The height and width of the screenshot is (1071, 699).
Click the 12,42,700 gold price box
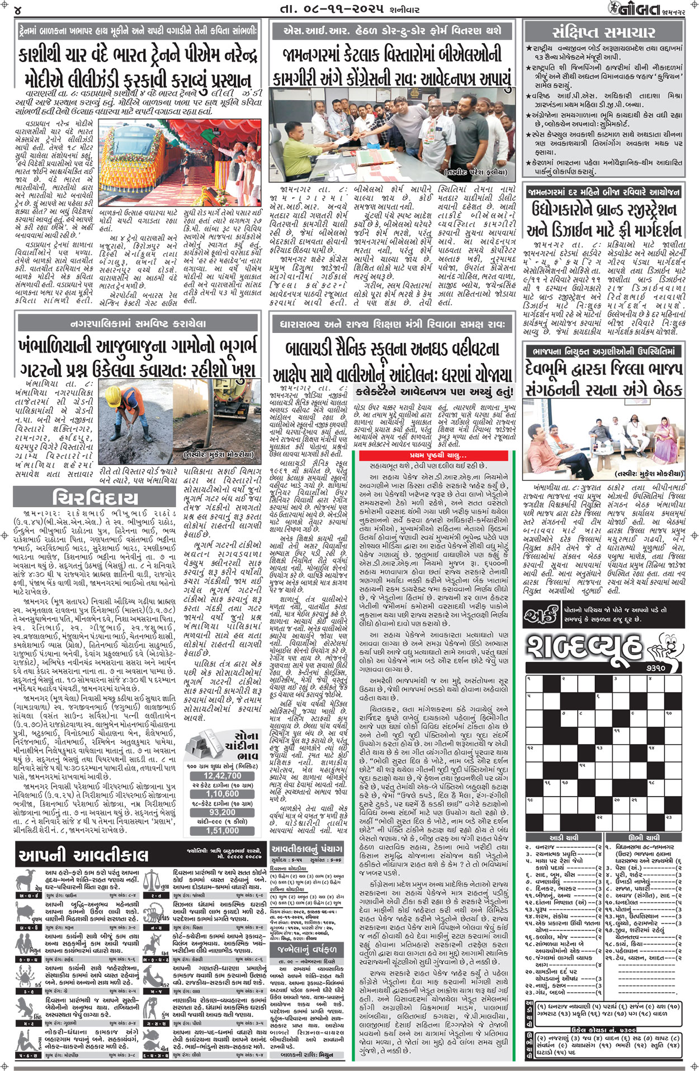point(223,776)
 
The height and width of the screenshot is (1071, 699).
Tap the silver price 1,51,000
point(223,830)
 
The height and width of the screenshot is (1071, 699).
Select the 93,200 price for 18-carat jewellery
point(223,812)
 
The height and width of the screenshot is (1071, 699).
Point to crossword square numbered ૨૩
point(669,818)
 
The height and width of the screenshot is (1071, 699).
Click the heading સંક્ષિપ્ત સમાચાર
point(603,32)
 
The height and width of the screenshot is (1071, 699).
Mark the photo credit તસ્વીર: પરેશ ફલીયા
point(476,172)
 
